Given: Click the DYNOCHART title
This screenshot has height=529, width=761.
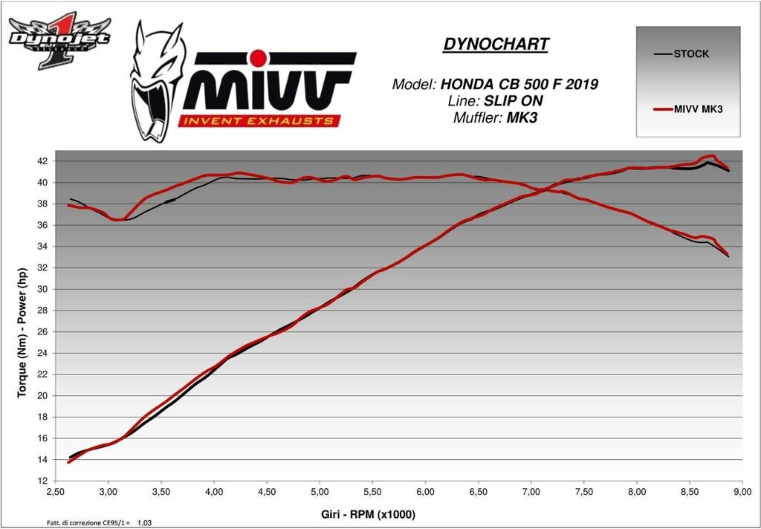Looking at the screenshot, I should coord(496,44).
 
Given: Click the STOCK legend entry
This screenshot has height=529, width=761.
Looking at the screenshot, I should coord(690,54).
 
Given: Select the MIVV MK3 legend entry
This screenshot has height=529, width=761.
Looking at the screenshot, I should coord(699,110).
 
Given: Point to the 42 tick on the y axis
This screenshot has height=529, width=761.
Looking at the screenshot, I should coord(42,161).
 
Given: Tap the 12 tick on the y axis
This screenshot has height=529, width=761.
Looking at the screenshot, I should coord(42,481).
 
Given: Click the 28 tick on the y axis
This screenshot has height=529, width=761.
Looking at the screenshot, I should coord(42,310).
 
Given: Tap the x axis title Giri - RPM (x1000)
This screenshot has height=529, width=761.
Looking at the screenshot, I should coord(369,513).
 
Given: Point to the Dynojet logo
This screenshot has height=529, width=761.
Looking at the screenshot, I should coord(59,42).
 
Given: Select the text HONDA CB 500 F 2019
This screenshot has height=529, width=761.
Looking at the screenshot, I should coord(519,84).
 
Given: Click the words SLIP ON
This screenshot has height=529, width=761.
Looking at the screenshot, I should coord(523,100).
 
